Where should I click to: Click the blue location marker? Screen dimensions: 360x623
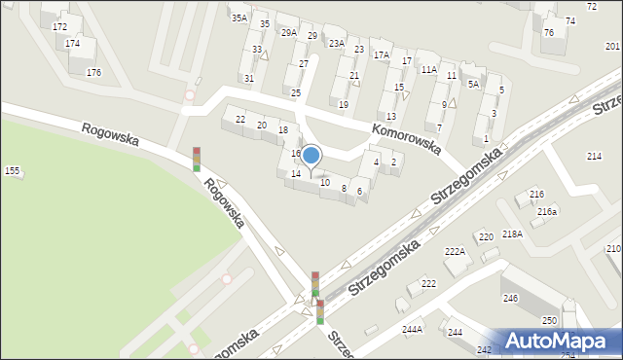coord(311,156)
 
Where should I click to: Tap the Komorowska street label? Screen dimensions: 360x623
coord(406,140)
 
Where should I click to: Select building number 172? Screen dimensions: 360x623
coord(60,27)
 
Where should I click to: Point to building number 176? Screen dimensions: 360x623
coord(93,73)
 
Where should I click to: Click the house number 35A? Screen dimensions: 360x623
coord(238,18)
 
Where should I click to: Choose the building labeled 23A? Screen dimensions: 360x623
coord(337,43)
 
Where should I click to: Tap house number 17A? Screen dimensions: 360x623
coord(382,55)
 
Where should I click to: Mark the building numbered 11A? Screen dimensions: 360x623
coord(428,70)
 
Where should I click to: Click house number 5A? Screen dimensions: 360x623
coord(473,85)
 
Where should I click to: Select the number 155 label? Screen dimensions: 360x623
coord(12,171)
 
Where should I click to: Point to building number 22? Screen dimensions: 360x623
coord(240,120)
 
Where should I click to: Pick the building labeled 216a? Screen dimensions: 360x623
coord(547,211)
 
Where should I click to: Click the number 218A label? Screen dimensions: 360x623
coord(513,234)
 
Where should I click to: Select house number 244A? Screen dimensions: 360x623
coord(413,329)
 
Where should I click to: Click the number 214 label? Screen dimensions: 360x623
coord(594,157)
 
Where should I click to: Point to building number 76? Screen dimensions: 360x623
coord(549,33)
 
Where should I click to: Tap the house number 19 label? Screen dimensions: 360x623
coord(343,104)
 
